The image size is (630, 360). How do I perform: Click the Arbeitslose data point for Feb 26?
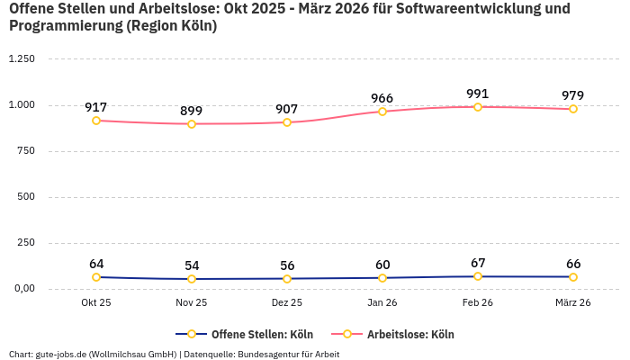(478, 107)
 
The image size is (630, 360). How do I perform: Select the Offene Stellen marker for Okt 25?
(96, 277)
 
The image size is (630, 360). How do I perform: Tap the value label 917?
(96, 107)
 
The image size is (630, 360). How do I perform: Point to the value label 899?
(192, 111)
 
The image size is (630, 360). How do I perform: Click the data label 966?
(382, 98)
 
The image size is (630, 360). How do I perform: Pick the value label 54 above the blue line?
(192, 265)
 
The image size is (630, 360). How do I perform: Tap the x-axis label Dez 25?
(287, 303)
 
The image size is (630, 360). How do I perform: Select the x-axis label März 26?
(573, 303)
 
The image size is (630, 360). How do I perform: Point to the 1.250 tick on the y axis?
(21, 59)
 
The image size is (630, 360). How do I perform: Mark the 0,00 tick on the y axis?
(22, 289)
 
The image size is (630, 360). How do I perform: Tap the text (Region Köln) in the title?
(170, 26)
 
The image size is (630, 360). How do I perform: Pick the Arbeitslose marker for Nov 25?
(192, 124)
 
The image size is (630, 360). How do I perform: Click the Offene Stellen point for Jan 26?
(382, 278)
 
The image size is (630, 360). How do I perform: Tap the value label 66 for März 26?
(573, 264)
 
